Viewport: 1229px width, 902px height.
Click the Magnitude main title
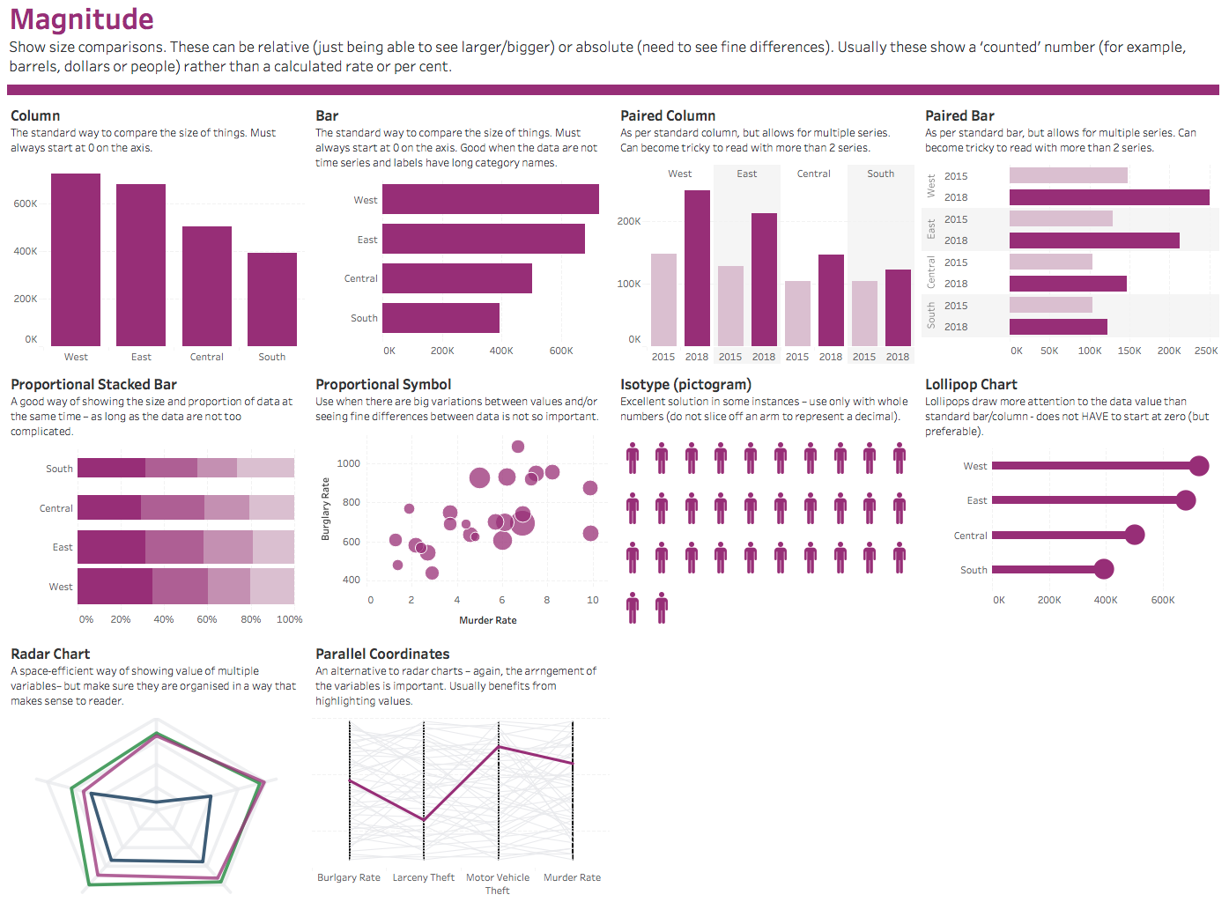point(82,19)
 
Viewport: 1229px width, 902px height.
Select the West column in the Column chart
point(76,260)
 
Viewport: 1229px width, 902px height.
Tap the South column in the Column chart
point(272,299)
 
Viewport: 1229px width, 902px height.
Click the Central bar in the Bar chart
point(456,278)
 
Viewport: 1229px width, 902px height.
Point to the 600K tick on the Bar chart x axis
point(561,351)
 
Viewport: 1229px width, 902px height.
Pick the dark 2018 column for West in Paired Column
point(697,268)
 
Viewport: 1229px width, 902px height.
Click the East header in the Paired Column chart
point(747,174)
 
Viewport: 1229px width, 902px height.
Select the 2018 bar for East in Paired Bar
point(1094,240)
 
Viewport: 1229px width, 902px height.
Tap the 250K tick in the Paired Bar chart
point(1206,351)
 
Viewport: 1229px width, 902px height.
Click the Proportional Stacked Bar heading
point(93,384)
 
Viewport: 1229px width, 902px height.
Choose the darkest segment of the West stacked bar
point(115,587)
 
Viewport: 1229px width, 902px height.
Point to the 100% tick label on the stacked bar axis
point(289,619)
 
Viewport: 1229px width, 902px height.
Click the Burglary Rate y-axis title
point(325,509)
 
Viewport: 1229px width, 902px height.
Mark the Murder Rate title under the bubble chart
point(488,620)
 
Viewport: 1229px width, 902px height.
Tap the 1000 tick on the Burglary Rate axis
point(349,463)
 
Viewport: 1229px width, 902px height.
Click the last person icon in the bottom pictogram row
point(662,607)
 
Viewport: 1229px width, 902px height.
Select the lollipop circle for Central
point(1135,535)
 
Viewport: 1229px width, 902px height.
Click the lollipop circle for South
point(1104,569)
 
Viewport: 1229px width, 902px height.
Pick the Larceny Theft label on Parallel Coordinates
point(424,877)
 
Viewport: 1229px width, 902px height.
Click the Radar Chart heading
point(50,654)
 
